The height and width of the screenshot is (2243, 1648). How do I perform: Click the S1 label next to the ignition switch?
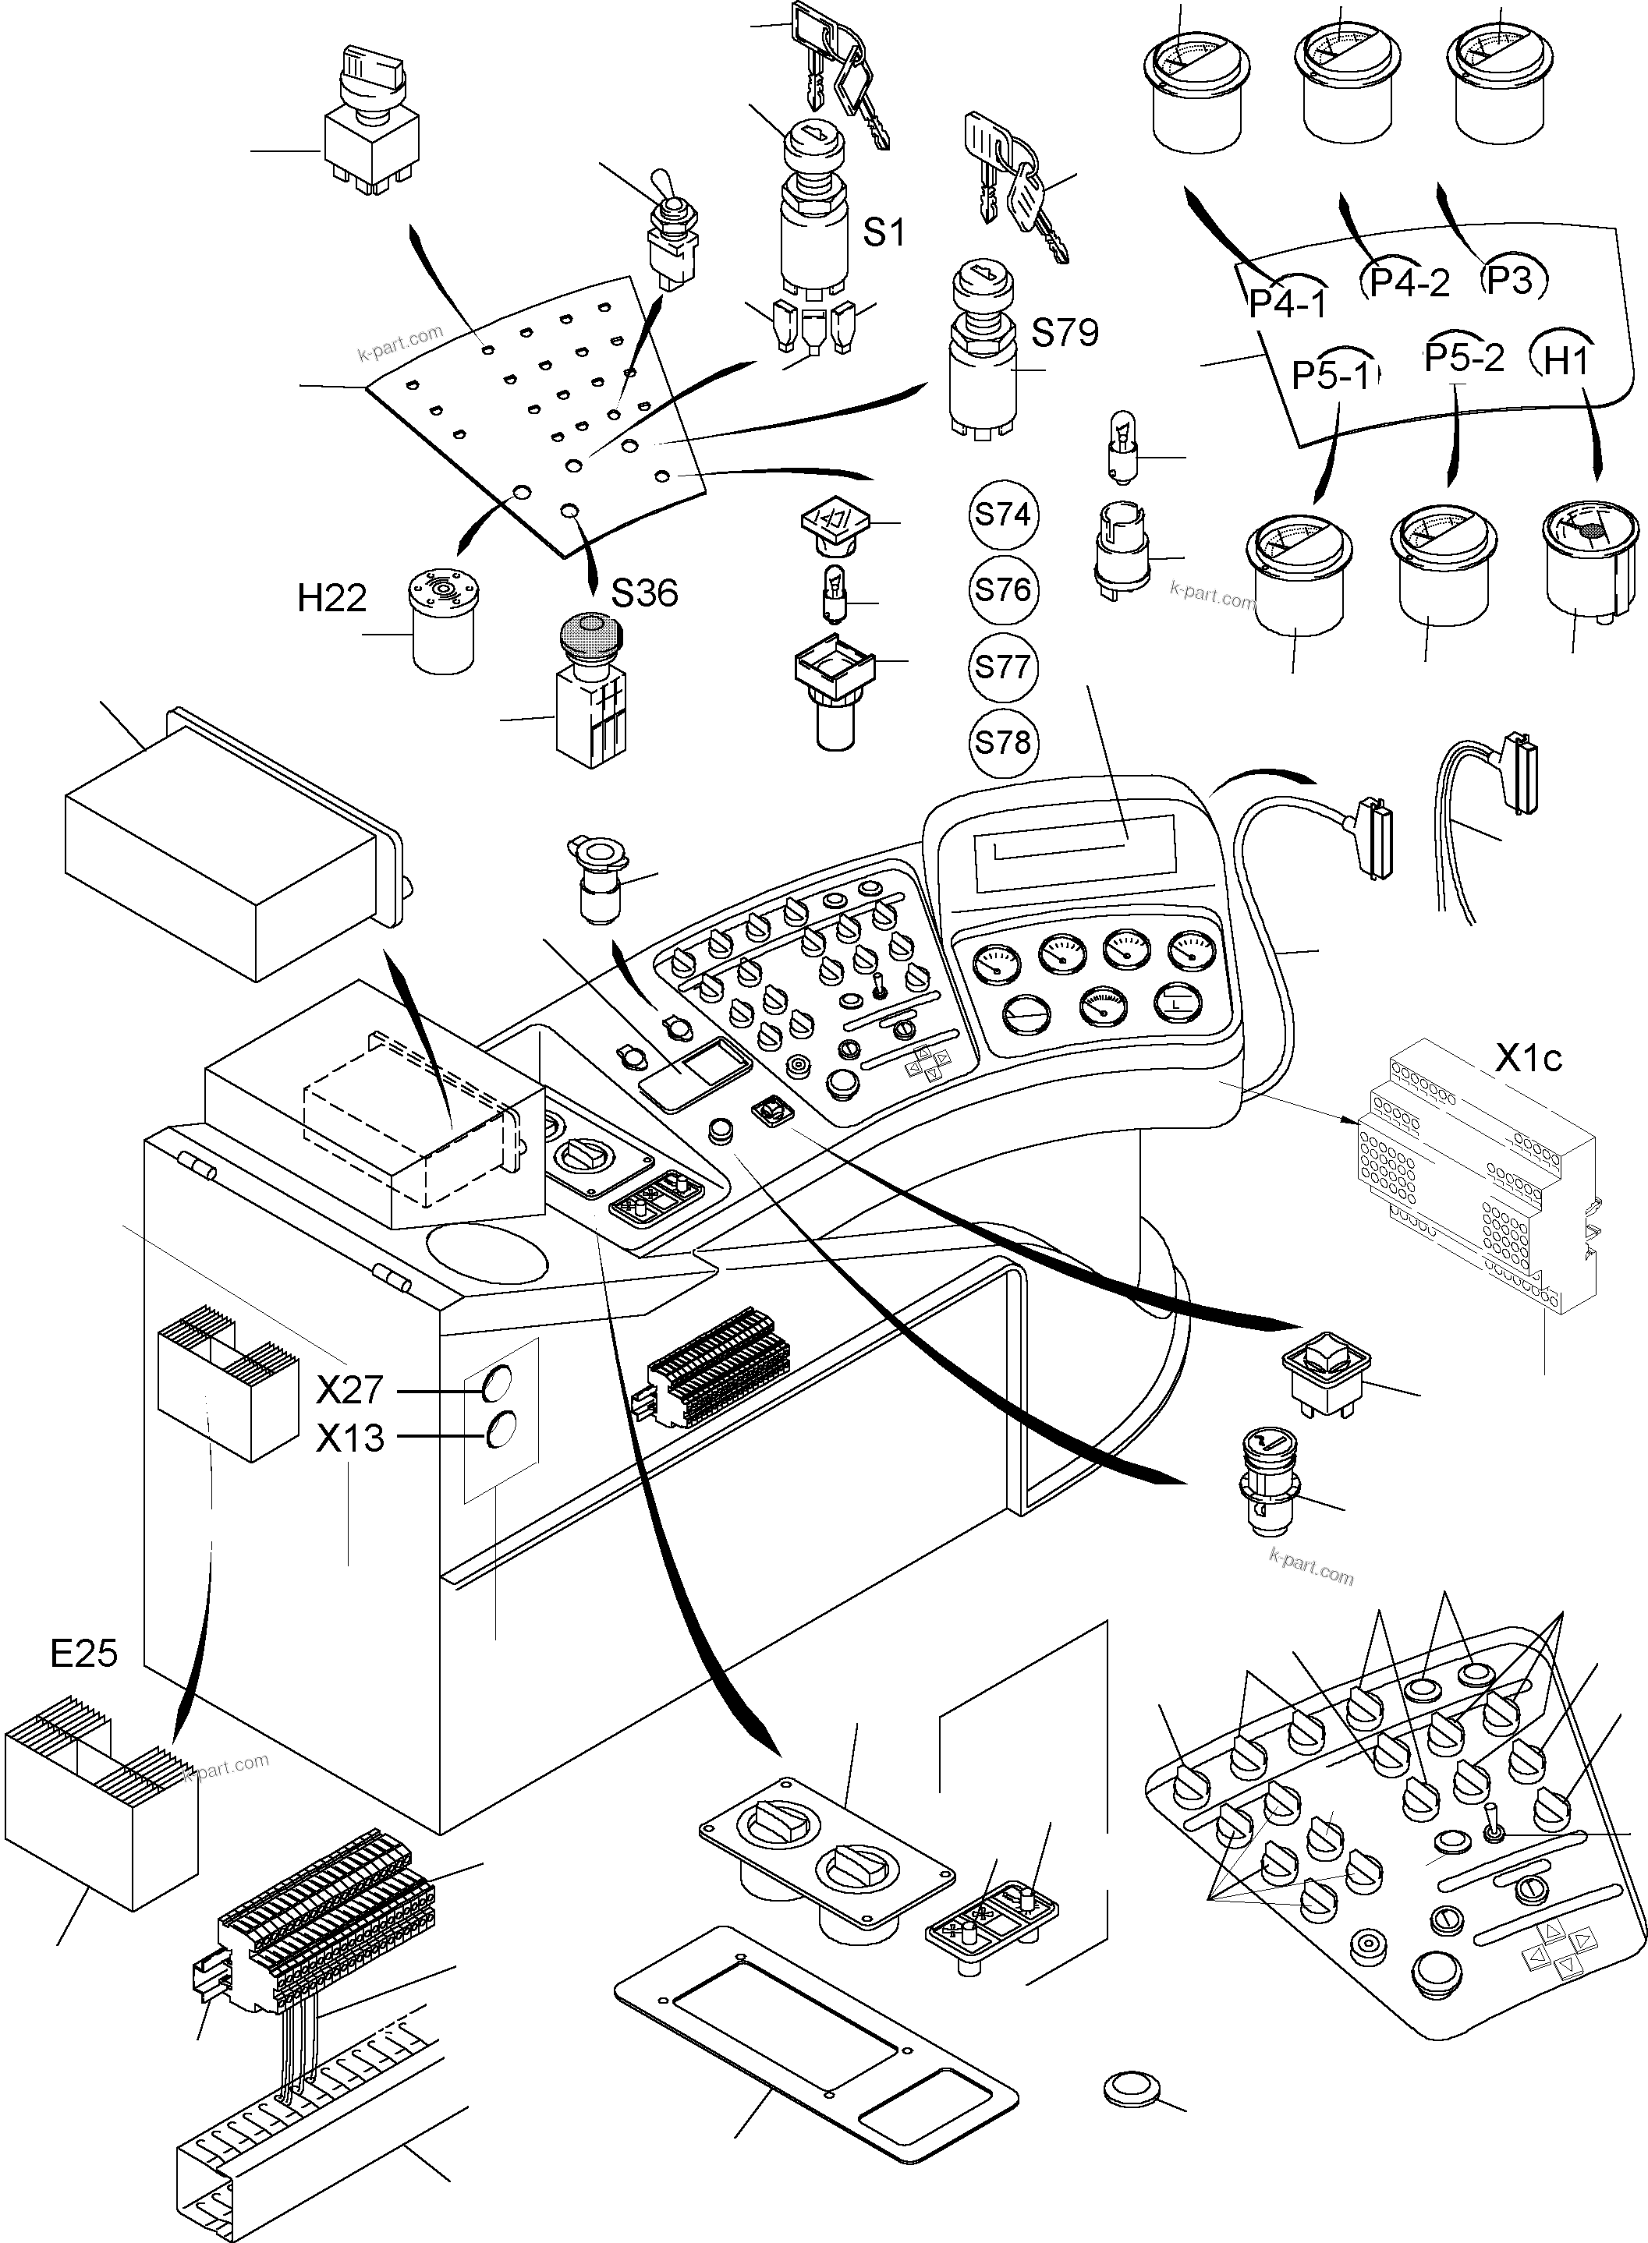pyautogui.click(x=883, y=232)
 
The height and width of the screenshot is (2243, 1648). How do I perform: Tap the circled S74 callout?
pyautogui.click(x=1002, y=515)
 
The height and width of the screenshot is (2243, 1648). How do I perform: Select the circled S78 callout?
pyautogui.click(x=1002, y=742)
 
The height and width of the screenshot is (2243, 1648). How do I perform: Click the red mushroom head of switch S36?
pyautogui.click(x=590, y=632)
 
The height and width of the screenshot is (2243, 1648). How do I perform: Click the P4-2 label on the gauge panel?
pyautogui.click(x=1409, y=283)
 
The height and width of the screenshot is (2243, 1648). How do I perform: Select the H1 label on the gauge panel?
pyautogui.click(x=1566, y=361)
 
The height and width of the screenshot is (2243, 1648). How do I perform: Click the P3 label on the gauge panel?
pyautogui.click(x=1509, y=280)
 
